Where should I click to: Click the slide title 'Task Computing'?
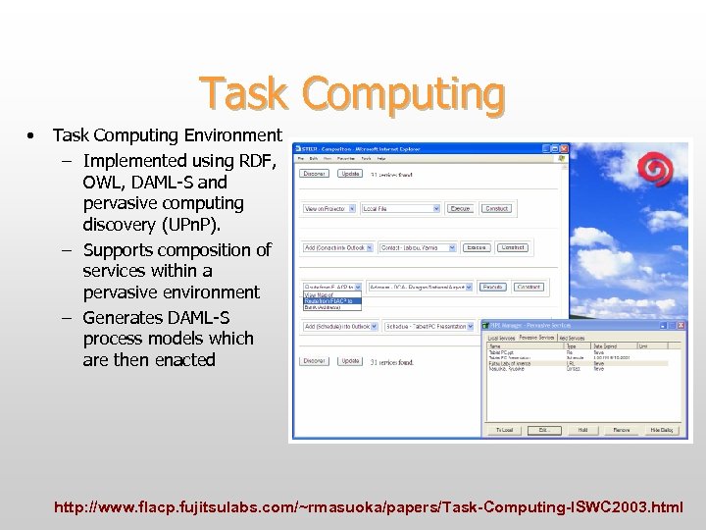352,94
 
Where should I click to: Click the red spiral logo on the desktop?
656,170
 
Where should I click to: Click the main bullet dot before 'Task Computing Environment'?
32,135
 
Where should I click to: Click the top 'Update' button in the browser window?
350,174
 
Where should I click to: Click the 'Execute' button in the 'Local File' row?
460,209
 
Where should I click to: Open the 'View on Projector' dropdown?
329,209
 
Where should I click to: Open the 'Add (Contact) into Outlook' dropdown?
337,248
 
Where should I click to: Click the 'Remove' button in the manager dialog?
622,430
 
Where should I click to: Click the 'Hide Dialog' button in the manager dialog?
662,430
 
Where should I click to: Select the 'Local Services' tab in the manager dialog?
502,338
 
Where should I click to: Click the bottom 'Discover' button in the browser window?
315,361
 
